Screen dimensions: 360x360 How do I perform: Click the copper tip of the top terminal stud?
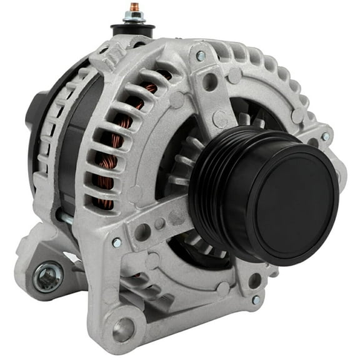tap(133, 8)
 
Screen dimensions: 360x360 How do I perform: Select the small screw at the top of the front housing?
tap(201, 56)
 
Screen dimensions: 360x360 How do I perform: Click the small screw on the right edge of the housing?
tap(325, 136)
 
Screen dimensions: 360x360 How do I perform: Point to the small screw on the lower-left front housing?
tap(117, 242)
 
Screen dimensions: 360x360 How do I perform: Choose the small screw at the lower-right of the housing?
tap(256, 300)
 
